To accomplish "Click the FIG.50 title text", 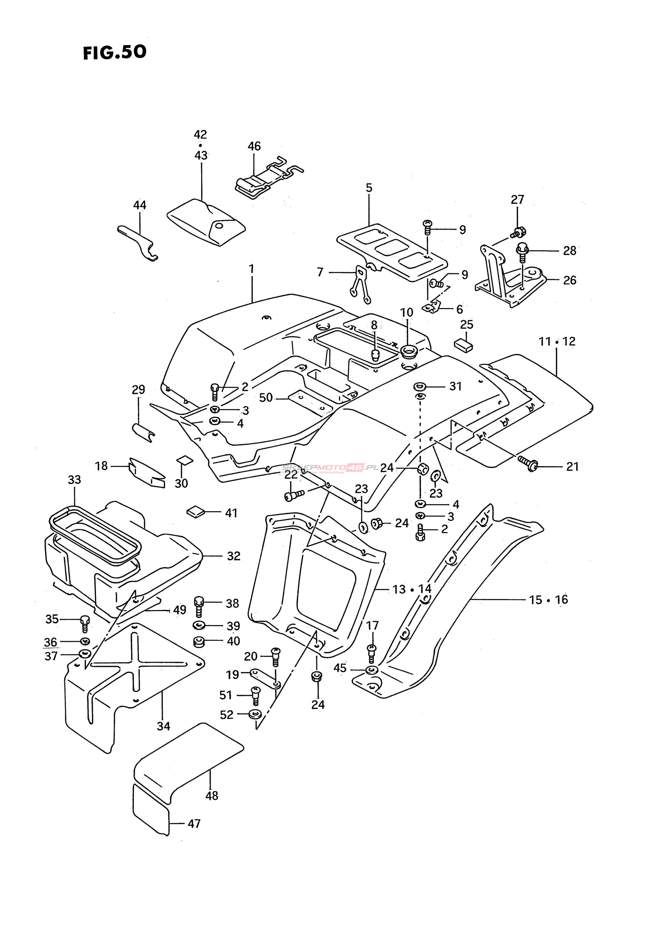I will (x=115, y=53).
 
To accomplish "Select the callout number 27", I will (x=517, y=200).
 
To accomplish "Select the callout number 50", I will (x=266, y=397).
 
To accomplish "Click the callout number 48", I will (x=212, y=795).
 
